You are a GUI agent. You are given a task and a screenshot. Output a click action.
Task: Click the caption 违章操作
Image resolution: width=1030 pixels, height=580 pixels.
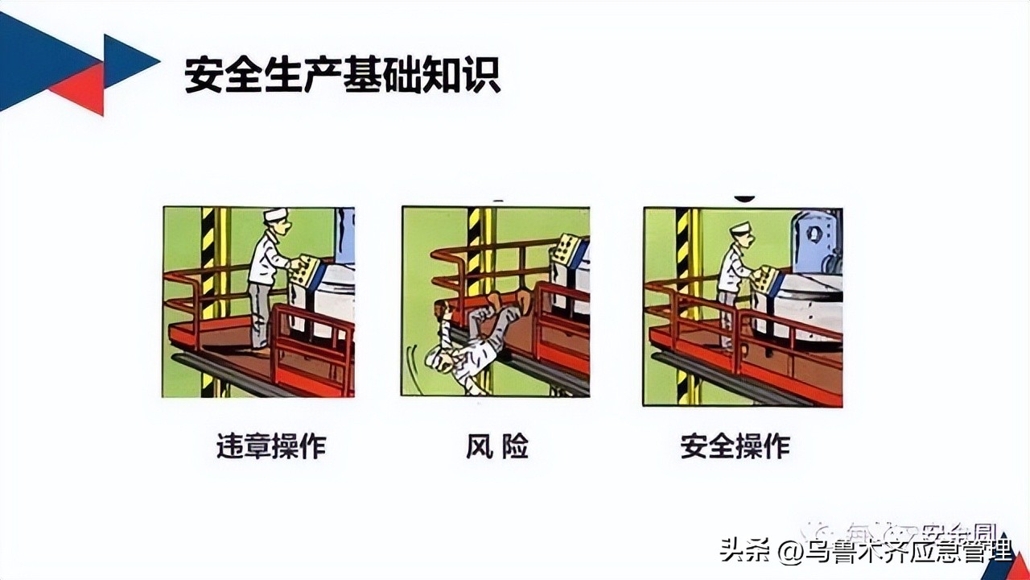271,446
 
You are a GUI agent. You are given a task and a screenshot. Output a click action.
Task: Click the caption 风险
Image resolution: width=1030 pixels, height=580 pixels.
496,446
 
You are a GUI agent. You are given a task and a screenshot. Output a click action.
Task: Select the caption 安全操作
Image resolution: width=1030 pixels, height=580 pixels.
735,446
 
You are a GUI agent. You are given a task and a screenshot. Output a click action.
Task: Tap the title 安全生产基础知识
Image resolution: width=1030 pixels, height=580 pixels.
343,74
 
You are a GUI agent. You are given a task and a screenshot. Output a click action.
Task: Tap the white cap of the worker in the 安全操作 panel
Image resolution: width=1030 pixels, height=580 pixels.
740,227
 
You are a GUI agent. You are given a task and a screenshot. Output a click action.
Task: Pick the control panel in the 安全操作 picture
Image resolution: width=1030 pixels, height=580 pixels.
769,279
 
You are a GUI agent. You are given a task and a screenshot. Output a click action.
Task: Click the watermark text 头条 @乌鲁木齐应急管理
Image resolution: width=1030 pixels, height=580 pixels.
866,552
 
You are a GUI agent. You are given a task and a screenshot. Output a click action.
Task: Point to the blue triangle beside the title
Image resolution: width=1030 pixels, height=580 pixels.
129,60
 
